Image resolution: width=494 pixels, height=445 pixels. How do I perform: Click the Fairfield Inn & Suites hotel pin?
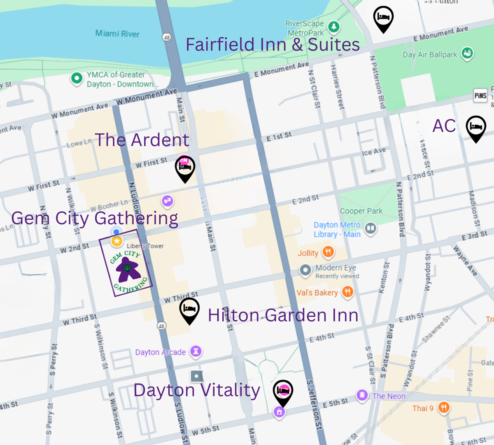click(383, 17)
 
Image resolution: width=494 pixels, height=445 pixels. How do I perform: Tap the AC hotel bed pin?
click(476, 127)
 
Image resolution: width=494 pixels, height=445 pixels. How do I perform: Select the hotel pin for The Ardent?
click(185, 167)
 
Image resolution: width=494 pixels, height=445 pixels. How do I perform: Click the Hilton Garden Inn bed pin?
click(189, 309)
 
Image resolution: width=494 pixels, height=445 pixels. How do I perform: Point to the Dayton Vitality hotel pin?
click(283, 391)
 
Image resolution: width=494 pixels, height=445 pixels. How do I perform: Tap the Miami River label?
click(117, 34)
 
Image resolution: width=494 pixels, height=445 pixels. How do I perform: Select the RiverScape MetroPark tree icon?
click(333, 27)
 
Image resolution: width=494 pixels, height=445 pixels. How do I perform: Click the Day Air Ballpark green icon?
click(467, 53)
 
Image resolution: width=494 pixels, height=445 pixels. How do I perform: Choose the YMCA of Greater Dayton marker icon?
click(77, 78)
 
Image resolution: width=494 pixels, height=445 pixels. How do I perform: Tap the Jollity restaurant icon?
click(328, 252)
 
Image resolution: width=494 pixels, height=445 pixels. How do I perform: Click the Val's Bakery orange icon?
click(347, 292)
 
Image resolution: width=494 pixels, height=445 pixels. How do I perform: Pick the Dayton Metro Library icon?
click(370, 228)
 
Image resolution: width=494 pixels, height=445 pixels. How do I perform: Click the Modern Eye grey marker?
click(305, 270)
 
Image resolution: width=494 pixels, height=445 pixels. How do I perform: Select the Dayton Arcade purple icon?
click(196, 351)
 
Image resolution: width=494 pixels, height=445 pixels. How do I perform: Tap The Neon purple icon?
click(362, 395)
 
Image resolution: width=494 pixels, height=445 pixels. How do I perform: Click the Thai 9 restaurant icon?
click(444, 408)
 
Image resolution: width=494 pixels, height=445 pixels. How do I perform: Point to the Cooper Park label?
click(361, 211)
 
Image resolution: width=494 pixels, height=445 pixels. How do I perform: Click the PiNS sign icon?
click(480, 96)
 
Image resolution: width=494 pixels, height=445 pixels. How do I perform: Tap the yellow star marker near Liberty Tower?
click(117, 241)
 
